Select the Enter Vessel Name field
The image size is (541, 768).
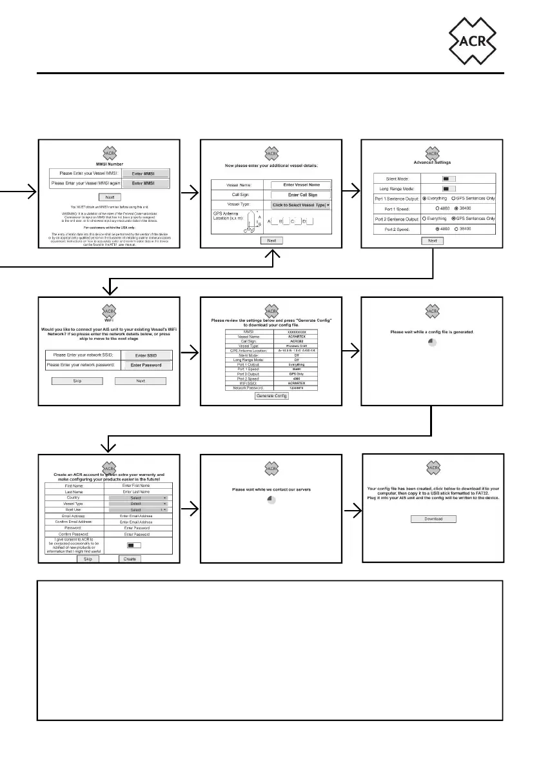300,185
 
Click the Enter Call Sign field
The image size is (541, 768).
300,194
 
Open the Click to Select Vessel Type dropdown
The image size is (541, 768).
300,204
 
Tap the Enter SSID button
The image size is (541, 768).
144,355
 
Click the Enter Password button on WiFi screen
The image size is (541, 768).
144,365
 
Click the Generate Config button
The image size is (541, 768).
271,396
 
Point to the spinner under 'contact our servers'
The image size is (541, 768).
271,500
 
